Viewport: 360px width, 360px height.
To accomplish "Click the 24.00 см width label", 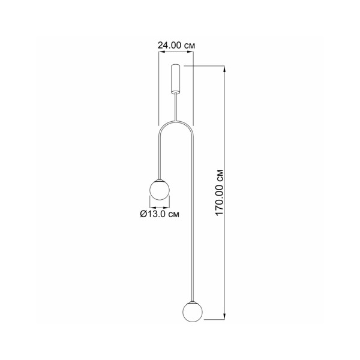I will click(x=177, y=45).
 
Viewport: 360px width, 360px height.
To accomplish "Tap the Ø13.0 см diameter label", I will click(x=159, y=213).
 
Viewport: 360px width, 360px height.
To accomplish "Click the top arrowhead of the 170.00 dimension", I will click(x=226, y=68).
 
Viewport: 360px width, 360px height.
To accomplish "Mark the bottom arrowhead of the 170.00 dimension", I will click(x=226, y=316).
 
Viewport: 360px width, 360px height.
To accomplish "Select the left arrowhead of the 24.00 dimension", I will click(x=160, y=53).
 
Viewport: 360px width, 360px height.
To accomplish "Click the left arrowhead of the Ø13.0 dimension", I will click(x=150, y=206).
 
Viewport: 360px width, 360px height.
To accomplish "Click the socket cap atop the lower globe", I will click(x=192, y=300).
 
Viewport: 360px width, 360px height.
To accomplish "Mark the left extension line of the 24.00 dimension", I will click(x=158, y=90).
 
